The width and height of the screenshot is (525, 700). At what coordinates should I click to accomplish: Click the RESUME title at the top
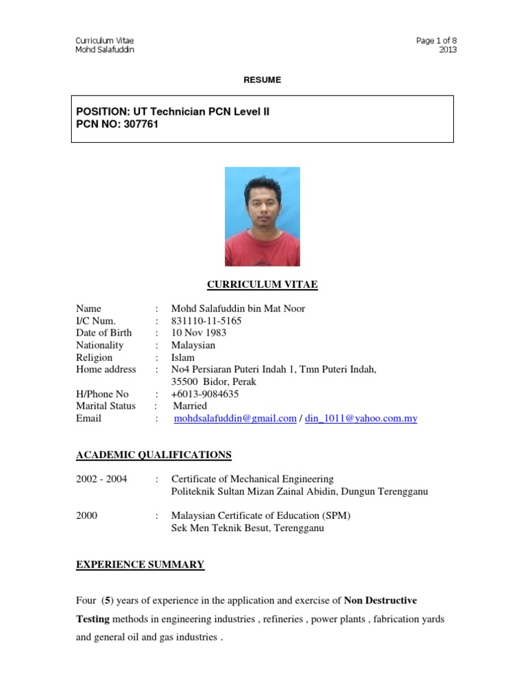coord(262,80)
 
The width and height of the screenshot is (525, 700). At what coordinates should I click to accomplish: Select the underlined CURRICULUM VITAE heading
coord(262,285)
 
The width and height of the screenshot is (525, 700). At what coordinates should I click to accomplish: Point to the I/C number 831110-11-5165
coord(206,321)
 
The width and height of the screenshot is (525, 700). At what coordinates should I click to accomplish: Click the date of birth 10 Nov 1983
coord(199,333)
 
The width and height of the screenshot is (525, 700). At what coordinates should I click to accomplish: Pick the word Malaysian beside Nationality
coord(193,345)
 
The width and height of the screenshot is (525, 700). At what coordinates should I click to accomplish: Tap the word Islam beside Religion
coord(183,358)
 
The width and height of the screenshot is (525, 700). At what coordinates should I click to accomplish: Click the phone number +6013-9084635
coord(205,394)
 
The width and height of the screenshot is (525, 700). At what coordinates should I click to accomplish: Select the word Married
coord(190,406)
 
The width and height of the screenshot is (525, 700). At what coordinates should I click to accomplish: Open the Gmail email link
coord(235,418)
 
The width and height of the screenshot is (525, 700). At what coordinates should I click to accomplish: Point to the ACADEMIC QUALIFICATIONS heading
coord(154,455)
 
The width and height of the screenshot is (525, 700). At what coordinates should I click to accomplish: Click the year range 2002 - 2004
coord(102,479)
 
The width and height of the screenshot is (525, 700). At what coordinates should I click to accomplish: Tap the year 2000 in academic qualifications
coord(87,516)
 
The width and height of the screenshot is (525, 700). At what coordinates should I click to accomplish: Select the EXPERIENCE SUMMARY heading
coord(140,564)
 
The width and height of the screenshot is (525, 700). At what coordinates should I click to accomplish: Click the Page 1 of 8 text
coord(436,40)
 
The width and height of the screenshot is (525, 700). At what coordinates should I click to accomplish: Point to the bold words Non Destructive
coord(380,601)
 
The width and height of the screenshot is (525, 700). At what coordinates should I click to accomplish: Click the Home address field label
coord(106,370)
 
